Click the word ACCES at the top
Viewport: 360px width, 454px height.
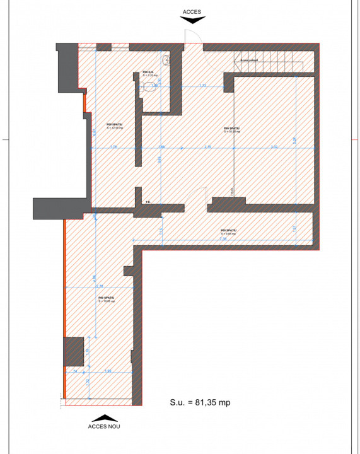tap(192, 11)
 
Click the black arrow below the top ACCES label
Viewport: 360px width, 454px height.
tap(192, 20)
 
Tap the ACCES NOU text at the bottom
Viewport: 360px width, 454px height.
tap(105, 426)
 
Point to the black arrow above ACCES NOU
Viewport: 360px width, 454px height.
tap(105, 417)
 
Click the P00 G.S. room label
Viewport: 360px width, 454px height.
tap(149, 73)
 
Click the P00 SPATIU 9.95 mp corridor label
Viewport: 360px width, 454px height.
tap(228, 232)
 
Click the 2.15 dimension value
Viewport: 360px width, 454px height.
tap(208, 146)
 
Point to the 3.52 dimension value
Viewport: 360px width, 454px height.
tap(274, 146)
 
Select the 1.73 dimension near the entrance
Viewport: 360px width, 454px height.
tap(202, 84)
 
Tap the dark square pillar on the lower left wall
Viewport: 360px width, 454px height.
tap(74, 351)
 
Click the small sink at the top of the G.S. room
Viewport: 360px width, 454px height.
tap(166, 60)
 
